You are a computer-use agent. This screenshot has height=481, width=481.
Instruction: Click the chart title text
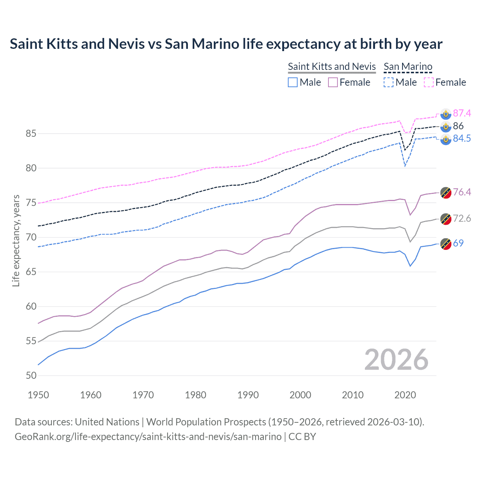[226, 44]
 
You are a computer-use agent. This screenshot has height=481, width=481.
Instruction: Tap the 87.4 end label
[461, 113]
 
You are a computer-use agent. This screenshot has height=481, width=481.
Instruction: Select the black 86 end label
[458, 126]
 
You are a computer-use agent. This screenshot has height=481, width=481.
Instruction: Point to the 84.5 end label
[461, 139]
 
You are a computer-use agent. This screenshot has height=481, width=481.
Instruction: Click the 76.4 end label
[461, 192]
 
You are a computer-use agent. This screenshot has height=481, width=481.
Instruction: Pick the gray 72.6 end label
[461, 219]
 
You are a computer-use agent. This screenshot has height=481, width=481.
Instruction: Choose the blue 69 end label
[458, 244]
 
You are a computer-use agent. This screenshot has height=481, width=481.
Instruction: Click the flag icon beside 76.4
[446, 192]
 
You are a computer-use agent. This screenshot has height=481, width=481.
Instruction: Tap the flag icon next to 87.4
[446, 113]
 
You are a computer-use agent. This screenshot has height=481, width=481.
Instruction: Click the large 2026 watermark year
[396, 360]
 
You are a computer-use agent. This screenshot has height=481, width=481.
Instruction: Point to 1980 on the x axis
[195, 395]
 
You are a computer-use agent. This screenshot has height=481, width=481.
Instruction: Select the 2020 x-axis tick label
[405, 395]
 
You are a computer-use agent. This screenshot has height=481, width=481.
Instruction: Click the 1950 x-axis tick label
[38, 395]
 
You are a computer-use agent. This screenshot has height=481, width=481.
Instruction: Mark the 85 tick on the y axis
[31, 134]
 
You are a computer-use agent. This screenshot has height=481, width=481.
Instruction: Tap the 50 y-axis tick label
[31, 375]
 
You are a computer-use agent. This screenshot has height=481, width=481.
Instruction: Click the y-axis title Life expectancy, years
[16, 240]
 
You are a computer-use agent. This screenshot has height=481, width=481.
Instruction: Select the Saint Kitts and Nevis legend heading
[331, 67]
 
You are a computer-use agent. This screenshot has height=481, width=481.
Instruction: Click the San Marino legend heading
[408, 67]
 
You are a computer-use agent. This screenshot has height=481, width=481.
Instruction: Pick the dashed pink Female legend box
[429, 82]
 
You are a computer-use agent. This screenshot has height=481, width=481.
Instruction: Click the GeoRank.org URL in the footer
[148, 437]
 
